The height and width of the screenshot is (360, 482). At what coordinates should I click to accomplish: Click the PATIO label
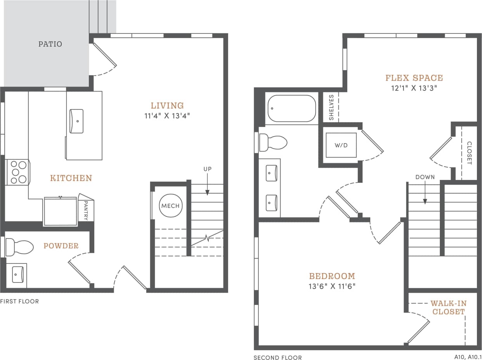click(x=50, y=44)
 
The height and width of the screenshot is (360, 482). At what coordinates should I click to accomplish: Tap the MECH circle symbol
click(x=170, y=205)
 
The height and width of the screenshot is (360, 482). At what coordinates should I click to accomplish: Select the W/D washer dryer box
click(x=340, y=145)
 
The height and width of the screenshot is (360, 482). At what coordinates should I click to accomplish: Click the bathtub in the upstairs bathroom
click(x=291, y=109)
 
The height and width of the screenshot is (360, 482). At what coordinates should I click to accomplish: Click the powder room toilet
click(x=19, y=247)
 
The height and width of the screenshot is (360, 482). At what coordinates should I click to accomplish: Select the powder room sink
click(x=17, y=275)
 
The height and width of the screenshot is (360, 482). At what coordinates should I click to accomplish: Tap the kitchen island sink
click(x=76, y=121)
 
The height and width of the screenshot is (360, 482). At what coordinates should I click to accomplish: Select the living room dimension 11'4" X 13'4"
click(x=167, y=116)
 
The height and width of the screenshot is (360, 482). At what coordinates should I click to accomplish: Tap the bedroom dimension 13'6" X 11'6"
click(x=332, y=286)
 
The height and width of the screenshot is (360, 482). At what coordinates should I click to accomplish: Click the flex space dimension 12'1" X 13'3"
click(x=414, y=88)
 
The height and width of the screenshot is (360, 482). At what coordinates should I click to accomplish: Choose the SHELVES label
click(x=331, y=107)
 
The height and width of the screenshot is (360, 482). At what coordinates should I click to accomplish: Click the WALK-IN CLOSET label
click(x=448, y=308)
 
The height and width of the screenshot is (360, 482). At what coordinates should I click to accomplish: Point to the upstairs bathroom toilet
click(x=273, y=142)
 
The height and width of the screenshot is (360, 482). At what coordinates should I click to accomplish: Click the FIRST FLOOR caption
click(x=19, y=301)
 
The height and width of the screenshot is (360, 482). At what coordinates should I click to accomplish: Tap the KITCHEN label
click(x=71, y=178)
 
